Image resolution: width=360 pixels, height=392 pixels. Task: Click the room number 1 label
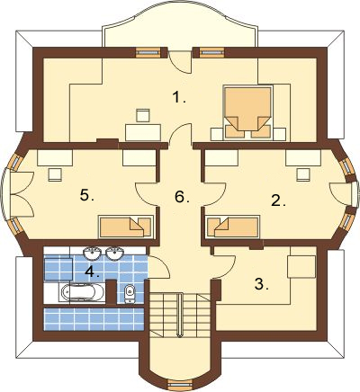[x=179, y=97]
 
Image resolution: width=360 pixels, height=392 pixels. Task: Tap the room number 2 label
[x=278, y=200]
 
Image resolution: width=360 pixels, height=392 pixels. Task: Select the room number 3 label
[x=261, y=284]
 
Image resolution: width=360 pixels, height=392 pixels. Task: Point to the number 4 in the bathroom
[x=92, y=272]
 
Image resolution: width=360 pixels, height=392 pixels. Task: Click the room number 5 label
[x=87, y=196]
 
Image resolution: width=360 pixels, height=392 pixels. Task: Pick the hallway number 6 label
[x=182, y=197]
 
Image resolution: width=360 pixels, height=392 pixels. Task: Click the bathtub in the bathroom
[x=82, y=292]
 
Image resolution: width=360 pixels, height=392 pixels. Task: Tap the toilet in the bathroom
[x=130, y=293]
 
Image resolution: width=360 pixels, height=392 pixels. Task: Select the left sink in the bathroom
[x=93, y=254]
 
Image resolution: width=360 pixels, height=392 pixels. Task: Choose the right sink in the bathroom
[x=114, y=254]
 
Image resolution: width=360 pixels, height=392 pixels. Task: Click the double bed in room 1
[x=247, y=112]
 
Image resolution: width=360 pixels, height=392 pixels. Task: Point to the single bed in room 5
[x=126, y=227]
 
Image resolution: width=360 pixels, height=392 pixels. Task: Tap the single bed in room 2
[x=232, y=227]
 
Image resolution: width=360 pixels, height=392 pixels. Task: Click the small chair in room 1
[x=143, y=115]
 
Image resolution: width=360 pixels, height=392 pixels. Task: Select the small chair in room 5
[x=55, y=174]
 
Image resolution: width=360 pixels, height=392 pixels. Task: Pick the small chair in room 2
[x=303, y=174]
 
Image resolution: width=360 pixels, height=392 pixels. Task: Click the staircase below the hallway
[x=179, y=315]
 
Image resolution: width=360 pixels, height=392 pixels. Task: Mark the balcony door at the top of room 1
[x=180, y=62]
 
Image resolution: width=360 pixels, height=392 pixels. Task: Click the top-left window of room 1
[x=148, y=52]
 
